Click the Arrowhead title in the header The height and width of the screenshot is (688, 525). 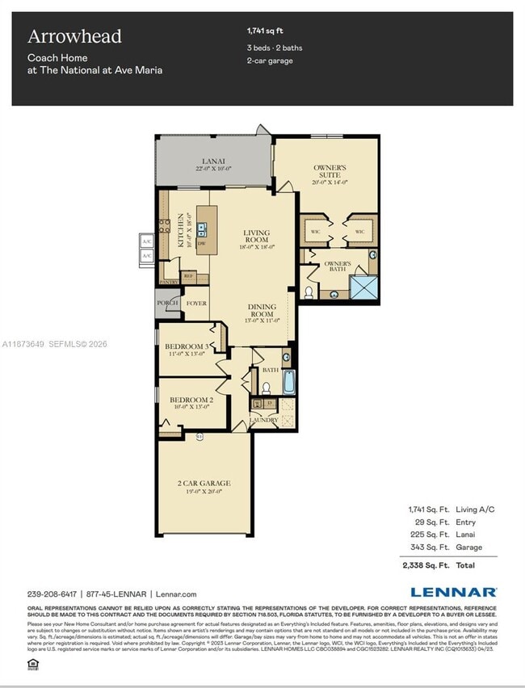pyautogui.click(x=74, y=36)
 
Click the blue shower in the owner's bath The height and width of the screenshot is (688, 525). pyautogui.click(x=363, y=286)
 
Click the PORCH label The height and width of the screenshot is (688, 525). pyautogui.click(x=167, y=304)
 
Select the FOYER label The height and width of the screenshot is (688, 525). pyautogui.click(x=196, y=304)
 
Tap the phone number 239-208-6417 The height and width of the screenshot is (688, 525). pyautogui.click(x=52, y=594)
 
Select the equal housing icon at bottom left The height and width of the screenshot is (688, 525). pyautogui.click(x=33, y=664)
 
